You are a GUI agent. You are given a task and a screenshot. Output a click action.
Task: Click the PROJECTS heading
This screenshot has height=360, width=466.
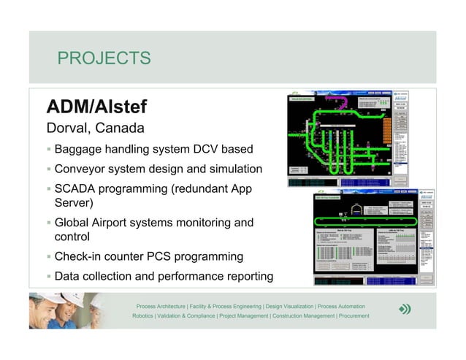click(104, 58)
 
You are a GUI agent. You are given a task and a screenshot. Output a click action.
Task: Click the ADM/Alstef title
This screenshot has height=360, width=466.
click(96, 107)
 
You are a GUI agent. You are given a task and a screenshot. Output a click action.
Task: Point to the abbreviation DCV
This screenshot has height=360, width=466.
click(199, 150)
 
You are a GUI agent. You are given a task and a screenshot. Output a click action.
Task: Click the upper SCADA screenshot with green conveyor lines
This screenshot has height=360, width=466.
click(348, 139)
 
